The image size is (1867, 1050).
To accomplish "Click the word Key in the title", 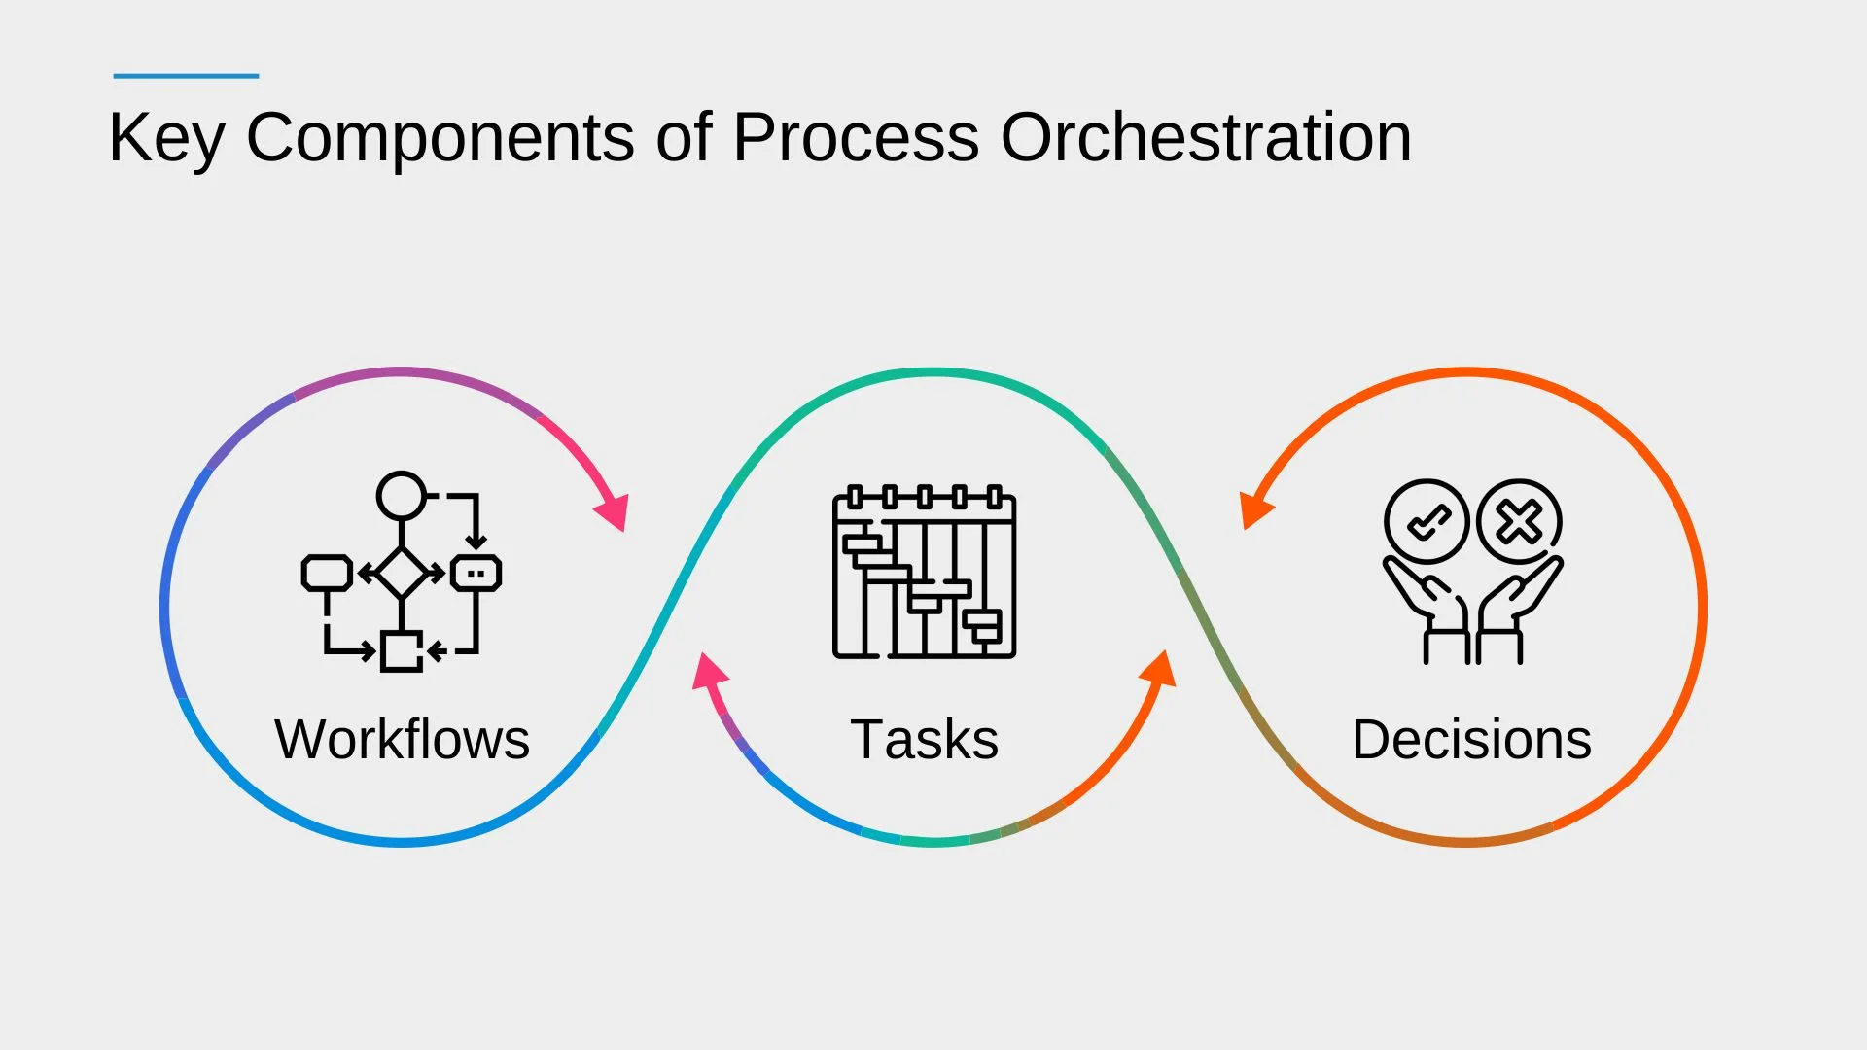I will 166,138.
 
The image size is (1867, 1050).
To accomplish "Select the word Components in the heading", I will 440,138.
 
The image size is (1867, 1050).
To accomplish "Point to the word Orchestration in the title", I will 1206,138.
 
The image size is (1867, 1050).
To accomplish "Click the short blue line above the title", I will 186,75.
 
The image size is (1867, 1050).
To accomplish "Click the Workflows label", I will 402,739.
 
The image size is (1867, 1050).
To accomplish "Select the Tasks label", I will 924,739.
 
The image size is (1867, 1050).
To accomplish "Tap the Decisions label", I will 1471,739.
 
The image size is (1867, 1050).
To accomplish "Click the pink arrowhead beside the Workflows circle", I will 614,510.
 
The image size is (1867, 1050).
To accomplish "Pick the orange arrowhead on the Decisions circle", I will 1253,508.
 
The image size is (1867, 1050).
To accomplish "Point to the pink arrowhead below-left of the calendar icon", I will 709,671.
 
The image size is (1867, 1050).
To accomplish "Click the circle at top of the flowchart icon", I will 402,496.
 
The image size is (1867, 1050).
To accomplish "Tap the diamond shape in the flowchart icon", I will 402,573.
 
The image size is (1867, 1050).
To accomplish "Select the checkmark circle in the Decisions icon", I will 1427,522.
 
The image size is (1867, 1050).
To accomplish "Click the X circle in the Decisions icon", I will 1519,522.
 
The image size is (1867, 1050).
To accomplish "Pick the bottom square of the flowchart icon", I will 401,651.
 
